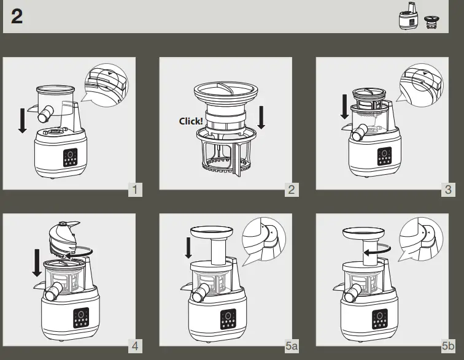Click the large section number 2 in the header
pos(17,17)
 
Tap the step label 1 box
pos(136,190)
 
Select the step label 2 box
pos(292,190)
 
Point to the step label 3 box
pos(448,190)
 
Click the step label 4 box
pos(136,347)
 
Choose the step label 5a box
pos(292,347)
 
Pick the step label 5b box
pos(448,347)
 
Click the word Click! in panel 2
pos(191,121)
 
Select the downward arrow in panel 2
pos(261,117)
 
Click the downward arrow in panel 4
pos(37,262)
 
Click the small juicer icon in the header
pos(408,20)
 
